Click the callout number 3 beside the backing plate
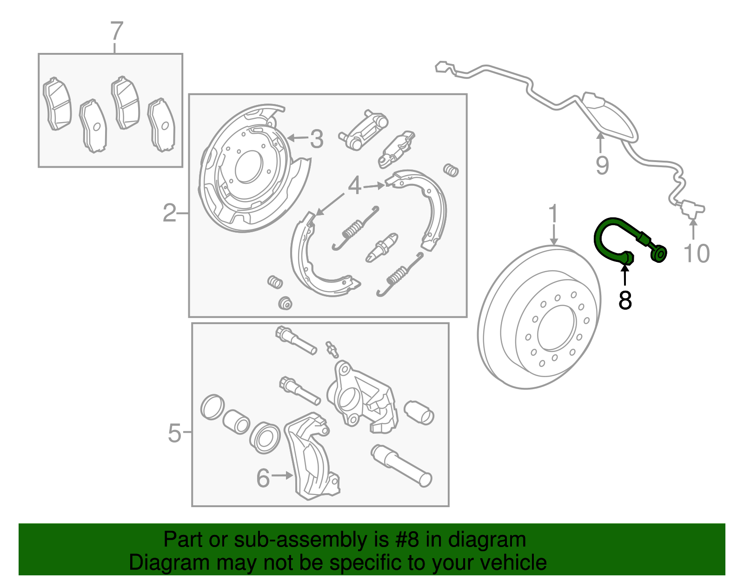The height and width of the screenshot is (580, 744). tap(317, 139)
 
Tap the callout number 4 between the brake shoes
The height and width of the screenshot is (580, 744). tap(354, 186)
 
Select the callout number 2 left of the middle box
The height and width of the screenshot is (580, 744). tap(170, 213)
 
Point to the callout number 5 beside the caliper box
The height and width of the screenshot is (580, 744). tap(174, 433)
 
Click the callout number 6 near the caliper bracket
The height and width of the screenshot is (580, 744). tap(263, 478)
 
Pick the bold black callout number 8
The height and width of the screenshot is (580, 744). tap(625, 300)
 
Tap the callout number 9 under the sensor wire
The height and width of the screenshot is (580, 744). tap(602, 165)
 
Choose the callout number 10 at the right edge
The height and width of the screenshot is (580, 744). tap(696, 254)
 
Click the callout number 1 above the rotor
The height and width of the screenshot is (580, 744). tap(553, 214)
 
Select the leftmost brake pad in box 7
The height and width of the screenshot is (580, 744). tap(57, 104)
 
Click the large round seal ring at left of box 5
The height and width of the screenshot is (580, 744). tap(213, 407)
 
